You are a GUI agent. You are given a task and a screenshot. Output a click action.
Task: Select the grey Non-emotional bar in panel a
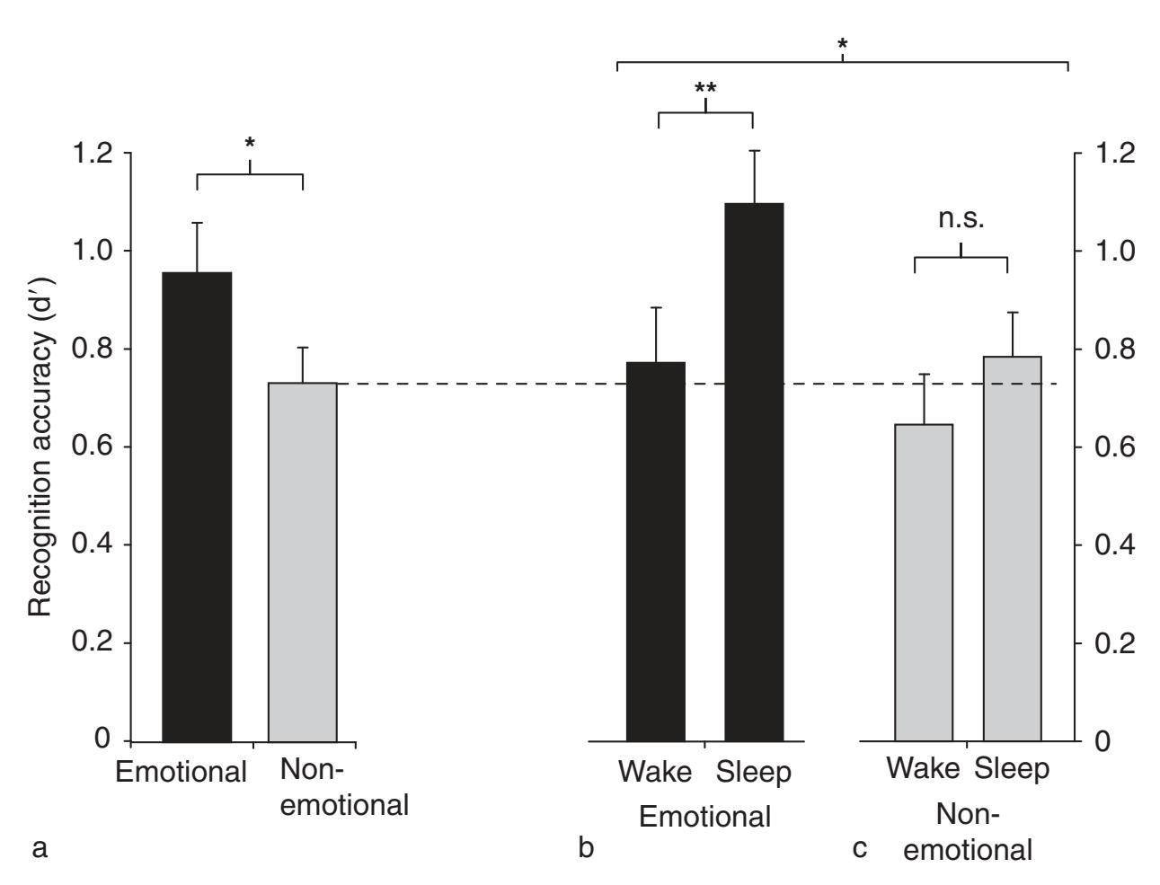pyautogui.click(x=303, y=562)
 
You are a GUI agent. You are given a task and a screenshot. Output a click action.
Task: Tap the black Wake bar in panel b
pyautogui.click(x=656, y=552)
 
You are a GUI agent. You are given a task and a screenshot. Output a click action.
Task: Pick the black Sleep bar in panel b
pyautogui.click(x=754, y=473)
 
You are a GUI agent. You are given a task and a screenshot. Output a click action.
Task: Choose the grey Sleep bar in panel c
pyautogui.click(x=1012, y=548)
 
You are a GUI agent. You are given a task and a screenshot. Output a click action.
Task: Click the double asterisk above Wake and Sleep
pyautogui.click(x=705, y=89)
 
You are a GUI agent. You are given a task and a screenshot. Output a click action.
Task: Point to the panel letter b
pyautogui.click(x=586, y=847)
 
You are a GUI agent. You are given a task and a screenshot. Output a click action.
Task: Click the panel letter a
pyautogui.click(x=39, y=847)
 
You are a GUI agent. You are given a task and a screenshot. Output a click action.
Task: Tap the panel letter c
pyautogui.click(x=860, y=847)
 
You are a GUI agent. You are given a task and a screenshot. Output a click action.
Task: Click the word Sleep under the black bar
pyautogui.click(x=754, y=773)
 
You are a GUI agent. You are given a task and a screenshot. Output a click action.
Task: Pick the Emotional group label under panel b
pyautogui.click(x=704, y=817)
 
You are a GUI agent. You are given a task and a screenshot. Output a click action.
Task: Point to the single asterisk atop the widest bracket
pyautogui.click(x=842, y=44)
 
